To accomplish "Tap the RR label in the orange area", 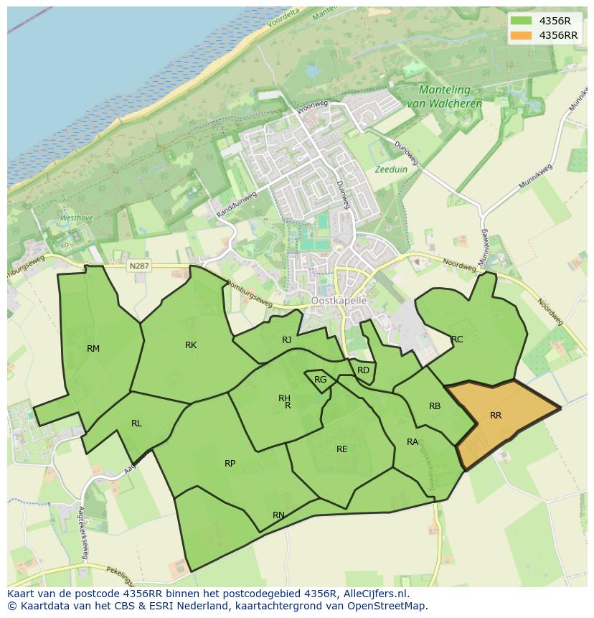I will tap(496, 415).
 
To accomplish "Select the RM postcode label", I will tap(93, 349).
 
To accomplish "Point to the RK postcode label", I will tap(191, 345).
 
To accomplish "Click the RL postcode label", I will tap(136, 423).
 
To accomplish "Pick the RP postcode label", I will tap(230, 464).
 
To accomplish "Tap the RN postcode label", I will tap(278, 515).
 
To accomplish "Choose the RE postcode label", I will tap(342, 449).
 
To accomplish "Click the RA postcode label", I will tap(412, 442).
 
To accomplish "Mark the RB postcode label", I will tap(435, 406).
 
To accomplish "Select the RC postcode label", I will tap(457, 340).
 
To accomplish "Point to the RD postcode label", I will tap(364, 370).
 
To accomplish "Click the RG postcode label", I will tap(321, 380).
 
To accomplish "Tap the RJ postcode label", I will tap(287, 340).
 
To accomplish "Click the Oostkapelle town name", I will tap(339, 301).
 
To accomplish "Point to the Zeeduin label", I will tap(390, 170).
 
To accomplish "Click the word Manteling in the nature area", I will tap(445, 90).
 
